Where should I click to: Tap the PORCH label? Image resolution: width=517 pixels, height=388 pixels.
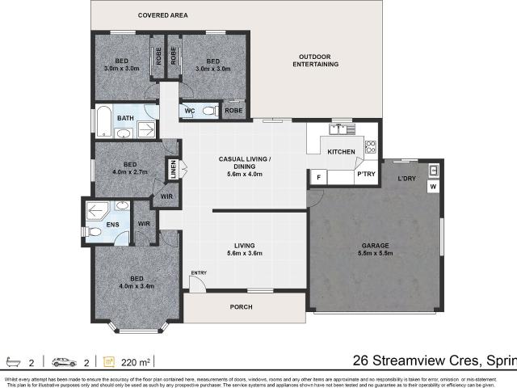point(241,307)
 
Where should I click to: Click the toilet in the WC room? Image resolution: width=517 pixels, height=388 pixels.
point(208,111)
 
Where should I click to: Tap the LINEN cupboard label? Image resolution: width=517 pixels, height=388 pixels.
point(172,169)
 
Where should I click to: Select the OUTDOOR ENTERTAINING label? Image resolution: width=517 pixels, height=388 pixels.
point(316,61)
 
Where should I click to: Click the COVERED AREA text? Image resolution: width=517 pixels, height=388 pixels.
point(162,15)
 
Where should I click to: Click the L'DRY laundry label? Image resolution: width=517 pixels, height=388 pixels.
point(407,179)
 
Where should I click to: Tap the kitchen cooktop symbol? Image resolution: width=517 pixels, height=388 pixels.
point(371,147)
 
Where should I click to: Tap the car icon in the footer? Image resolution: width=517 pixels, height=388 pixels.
point(62,361)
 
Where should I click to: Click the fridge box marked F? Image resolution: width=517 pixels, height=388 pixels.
point(319,177)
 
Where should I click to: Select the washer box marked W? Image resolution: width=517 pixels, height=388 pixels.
point(432,188)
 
